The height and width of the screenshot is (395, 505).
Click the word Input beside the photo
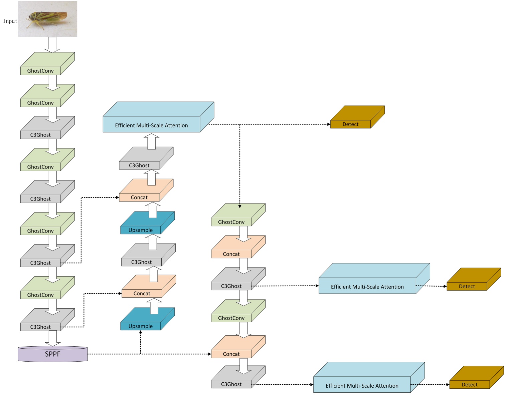point(10,21)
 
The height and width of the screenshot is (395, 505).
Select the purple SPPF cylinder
point(53,354)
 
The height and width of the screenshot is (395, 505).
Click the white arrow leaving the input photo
point(52,44)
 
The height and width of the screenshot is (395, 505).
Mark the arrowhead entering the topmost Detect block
point(329,124)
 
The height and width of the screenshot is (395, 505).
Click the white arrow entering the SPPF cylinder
point(52,338)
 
